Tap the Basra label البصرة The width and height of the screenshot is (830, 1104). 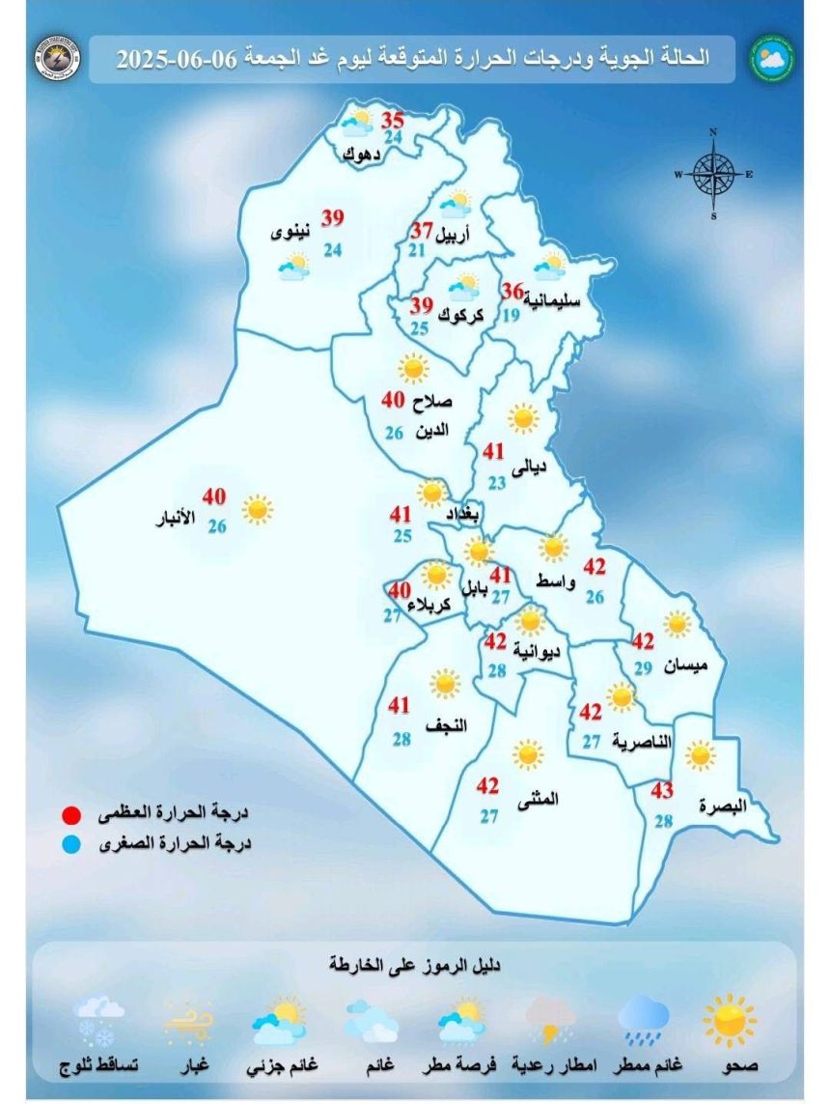point(726,807)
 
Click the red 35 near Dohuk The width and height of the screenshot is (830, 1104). point(392,122)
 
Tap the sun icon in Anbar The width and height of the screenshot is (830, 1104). point(257,509)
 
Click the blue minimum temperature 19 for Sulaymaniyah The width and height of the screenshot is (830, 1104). point(512,313)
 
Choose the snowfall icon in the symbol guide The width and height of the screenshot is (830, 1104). point(99,1022)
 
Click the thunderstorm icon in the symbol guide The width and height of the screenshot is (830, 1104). point(551,1020)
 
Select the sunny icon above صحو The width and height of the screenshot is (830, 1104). point(730,1020)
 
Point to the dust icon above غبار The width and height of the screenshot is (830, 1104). point(189,1022)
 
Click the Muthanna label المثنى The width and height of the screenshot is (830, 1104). point(539,799)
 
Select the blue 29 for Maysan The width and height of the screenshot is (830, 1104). point(644,668)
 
